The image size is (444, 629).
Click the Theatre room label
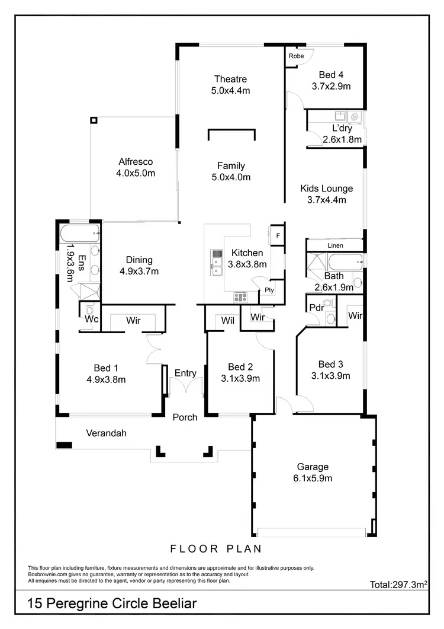tap(230, 79)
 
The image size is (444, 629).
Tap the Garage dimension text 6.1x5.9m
tap(313, 478)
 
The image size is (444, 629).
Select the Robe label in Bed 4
tap(296, 56)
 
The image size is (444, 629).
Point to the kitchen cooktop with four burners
tap(240, 297)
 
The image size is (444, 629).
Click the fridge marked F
tap(278, 235)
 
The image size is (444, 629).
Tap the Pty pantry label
tap(269, 290)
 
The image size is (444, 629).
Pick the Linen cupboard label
tap(335, 245)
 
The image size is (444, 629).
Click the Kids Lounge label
tap(326, 189)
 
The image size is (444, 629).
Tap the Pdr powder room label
tap(316, 307)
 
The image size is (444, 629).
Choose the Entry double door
tap(185, 388)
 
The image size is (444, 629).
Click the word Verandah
tap(107, 433)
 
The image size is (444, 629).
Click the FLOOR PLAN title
tap(216, 548)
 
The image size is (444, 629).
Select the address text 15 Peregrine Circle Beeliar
tap(112, 604)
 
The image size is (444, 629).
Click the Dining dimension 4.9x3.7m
tap(139, 272)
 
